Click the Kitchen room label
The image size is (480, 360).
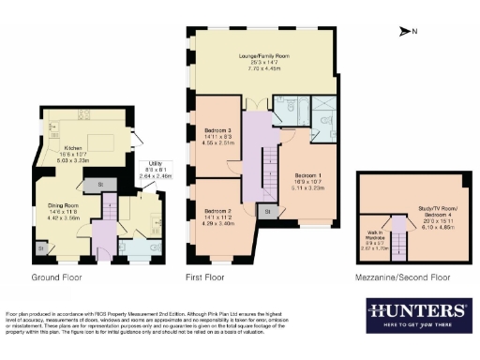point(74,148)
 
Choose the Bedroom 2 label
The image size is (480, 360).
point(217,210)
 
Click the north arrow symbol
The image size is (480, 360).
point(406,32)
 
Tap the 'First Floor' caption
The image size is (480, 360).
point(208,278)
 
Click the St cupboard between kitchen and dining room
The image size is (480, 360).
point(101,184)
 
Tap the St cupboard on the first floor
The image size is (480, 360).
point(268,214)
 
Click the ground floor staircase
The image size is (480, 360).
point(109,222)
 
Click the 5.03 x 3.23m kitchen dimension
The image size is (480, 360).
point(74,160)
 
